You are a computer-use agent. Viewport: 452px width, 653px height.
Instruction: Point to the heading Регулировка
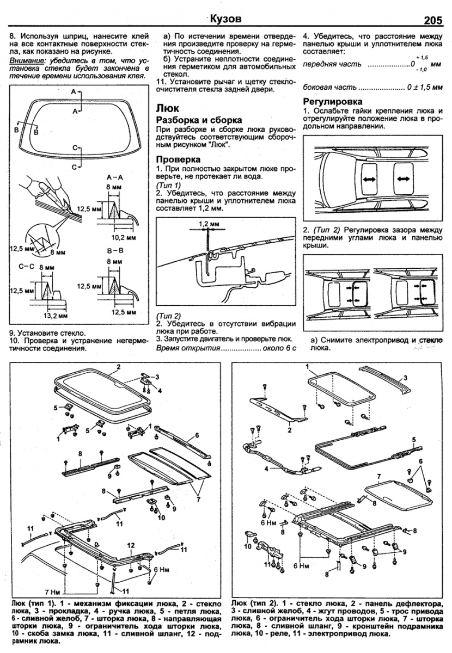coord(332,102)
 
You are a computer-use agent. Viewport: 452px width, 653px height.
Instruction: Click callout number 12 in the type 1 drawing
coord(131,545)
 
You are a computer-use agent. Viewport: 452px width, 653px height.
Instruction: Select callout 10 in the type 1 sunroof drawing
coord(161,518)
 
